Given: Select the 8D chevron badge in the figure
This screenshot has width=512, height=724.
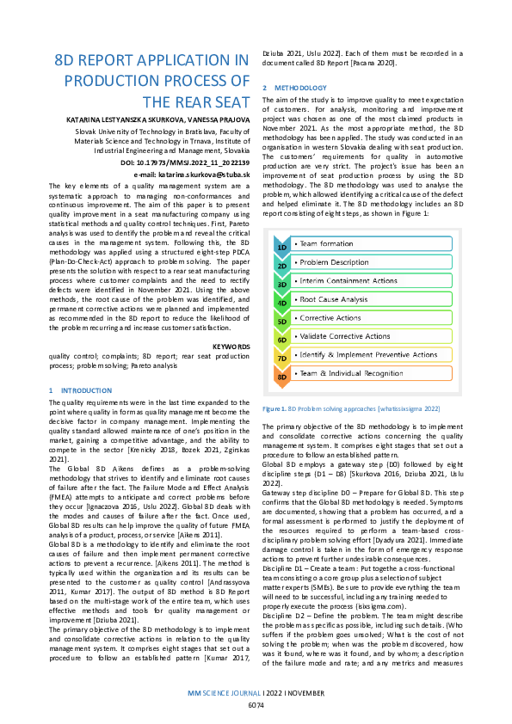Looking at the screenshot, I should pyautogui.click(x=282, y=376).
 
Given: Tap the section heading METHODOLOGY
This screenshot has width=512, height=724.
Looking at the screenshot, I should pyautogui.click(x=298, y=89).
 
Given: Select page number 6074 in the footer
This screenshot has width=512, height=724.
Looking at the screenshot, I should pyautogui.click(x=256, y=706).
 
